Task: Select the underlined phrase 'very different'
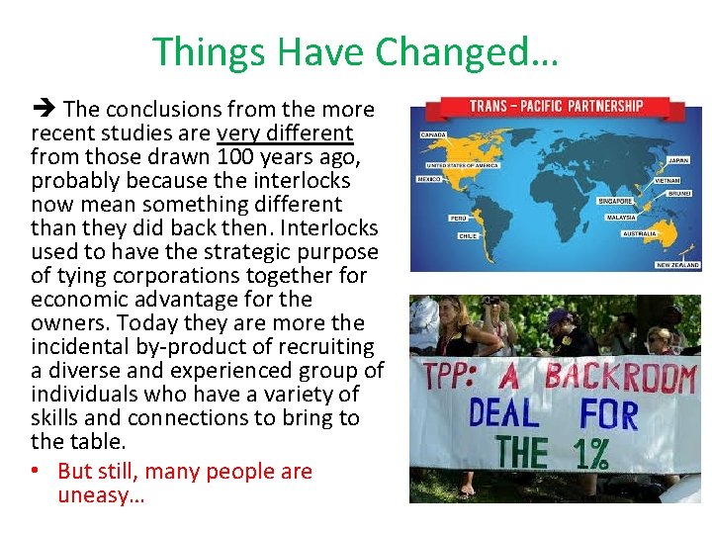click(285, 133)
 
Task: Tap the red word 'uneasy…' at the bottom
click(101, 495)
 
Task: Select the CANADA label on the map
click(433, 133)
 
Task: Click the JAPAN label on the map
click(679, 158)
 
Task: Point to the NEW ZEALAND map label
click(678, 265)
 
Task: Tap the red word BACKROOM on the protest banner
click(619, 376)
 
